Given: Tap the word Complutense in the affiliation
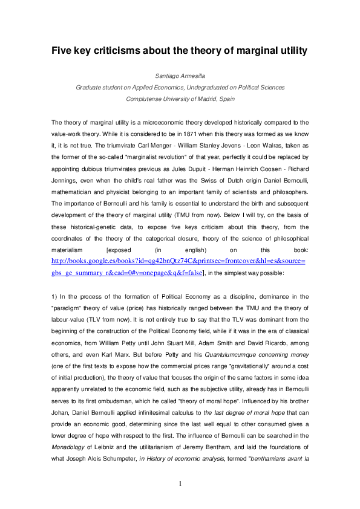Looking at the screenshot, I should pos(143,98).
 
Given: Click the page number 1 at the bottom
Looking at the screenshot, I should pos(180,484).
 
